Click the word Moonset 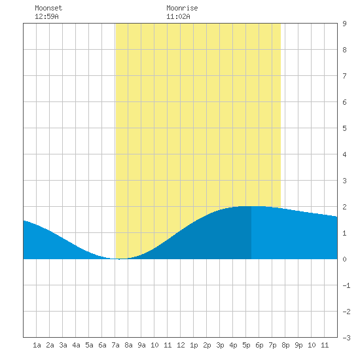[48, 8]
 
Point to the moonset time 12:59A [46, 16]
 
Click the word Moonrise [182, 8]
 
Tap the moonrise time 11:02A [178, 16]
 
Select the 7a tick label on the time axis [115, 345]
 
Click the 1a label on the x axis [37, 345]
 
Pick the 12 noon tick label [181, 345]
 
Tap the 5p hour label [246, 345]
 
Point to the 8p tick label [285, 345]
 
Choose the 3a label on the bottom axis [63, 345]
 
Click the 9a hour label [141, 345]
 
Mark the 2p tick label [207, 345]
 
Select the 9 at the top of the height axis [344, 24]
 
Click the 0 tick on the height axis [344, 259]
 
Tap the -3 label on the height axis [346, 338]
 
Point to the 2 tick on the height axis [344, 207]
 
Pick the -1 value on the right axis [346, 285]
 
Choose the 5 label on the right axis [344, 128]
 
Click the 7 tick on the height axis [344, 76]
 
